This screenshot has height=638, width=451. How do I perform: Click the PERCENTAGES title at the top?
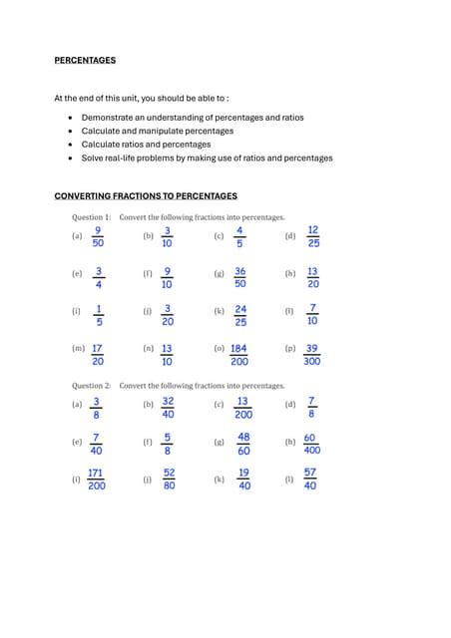(x=85, y=60)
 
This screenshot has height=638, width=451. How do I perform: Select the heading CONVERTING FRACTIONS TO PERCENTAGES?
(x=146, y=195)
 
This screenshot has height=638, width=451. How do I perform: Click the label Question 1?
(x=91, y=216)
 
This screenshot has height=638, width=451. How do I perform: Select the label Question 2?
(x=91, y=385)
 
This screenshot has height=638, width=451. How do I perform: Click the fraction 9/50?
(x=98, y=236)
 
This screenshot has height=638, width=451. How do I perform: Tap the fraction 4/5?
(x=239, y=236)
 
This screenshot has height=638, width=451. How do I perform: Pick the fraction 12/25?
(x=313, y=236)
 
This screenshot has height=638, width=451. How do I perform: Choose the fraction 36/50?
(x=239, y=277)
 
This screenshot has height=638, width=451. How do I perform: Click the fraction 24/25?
(x=240, y=316)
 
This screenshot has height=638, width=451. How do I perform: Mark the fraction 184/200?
(x=239, y=355)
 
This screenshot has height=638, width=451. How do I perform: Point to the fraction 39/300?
(x=312, y=355)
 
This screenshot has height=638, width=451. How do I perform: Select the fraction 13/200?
(x=242, y=408)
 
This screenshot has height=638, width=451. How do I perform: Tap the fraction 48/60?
(x=243, y=444)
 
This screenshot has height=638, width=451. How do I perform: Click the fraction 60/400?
(x=312, y=444)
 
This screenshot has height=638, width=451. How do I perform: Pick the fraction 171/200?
(x=97, y=479)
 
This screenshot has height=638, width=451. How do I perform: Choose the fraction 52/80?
(x=169, y=479)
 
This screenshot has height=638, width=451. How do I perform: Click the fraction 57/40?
(x=310, y=479)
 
